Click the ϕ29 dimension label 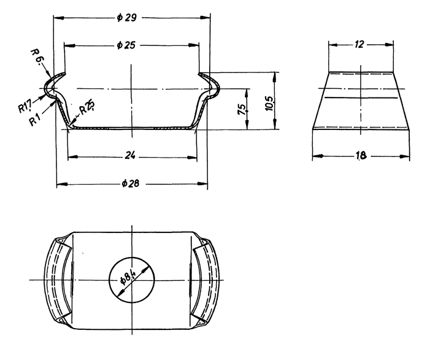pyautogui.click(x=127, y=18)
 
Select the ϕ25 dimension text pyautogui.click(x=126, y=45)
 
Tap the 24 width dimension pyautogui.click(x=130, y=156)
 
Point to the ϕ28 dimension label pyautogui.click(x=131, y=183)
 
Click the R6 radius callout pyautogui.click(x=36, y=57)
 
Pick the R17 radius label pyautogui.click(x=25, y=106)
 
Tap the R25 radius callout pyautogui.click(x=88, y=107)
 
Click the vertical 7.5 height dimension pyautogui.click(x=243, y=109)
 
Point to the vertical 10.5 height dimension pyautogui.click(x=269, y=104)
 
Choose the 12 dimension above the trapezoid pyautogui.click(x=359, y=44)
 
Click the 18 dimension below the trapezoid pyautogui.click(x=361, y=156)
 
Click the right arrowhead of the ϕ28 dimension pyautogui.click(x=202, y=184)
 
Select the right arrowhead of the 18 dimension pyautogui.click(x=404, y=156)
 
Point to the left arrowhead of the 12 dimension pyautogui.click(x=334, y=45)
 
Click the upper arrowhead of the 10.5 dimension pyautogui.click(x=275, y=77)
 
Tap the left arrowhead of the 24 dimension pyautogui.click(x=72, y=157)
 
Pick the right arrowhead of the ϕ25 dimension pyautogui.click(x=193, y=45)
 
